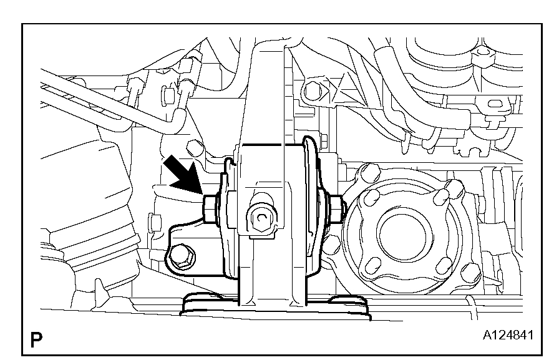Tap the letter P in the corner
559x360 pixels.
point(36,339)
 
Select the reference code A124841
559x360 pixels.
point(508,335)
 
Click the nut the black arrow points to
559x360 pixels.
point(209,210)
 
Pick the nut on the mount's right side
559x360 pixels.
point(338,209)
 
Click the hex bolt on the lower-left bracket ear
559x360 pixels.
point(182,257)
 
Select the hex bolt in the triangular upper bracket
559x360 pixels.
point(313,90)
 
